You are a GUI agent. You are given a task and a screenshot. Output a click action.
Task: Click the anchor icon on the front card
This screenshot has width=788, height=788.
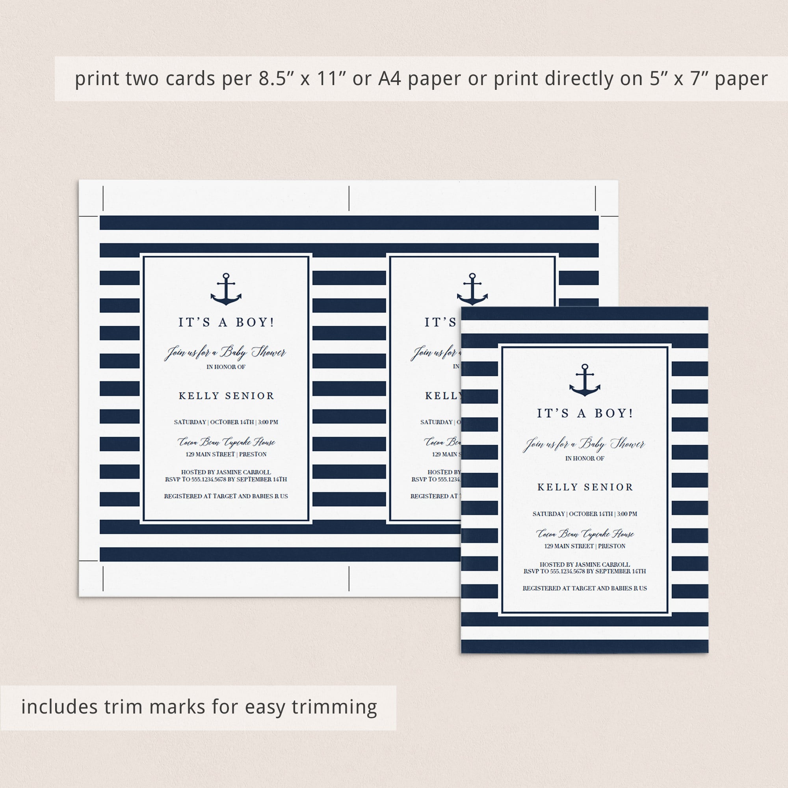pyautogui.click(x=584, y=380)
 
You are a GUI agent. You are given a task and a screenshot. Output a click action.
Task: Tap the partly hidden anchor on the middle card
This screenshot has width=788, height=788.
pyautogui.click(x=472, y=289)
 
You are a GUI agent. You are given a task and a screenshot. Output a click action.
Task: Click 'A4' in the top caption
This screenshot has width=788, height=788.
pyautogui.click(x=390, y=79)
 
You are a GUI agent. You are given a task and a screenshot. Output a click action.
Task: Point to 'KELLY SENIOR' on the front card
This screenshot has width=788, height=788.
pyautogui.click(x=585, y=487)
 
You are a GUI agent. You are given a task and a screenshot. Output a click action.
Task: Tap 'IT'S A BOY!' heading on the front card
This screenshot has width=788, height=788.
pyautogui.click(x=585, y=413)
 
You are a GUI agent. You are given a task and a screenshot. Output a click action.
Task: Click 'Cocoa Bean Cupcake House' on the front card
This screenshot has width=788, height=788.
pyautogui.click(x=585, y=533)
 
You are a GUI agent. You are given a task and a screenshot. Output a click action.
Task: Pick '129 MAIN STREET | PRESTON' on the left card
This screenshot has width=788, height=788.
pyautogui.click(x=226, y=454)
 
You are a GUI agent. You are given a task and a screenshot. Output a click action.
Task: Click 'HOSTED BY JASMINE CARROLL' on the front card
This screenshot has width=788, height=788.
pyautogui.click(x=585, y=565)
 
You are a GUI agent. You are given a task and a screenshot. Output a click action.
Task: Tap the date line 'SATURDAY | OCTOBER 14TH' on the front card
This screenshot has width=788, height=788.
pyautogui.click(x=585, y=514)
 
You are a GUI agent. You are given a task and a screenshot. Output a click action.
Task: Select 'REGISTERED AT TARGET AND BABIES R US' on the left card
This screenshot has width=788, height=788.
pyautogui.click(x=226, y=496)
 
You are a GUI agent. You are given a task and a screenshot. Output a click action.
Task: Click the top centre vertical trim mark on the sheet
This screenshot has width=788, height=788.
pyautogui.click(x=349, y=198)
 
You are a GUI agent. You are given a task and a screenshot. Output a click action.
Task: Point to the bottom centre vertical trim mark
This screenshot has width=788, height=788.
pyautogui.click(x=349, y=578)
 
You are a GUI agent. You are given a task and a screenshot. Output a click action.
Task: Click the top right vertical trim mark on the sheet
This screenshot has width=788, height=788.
pyautogui.click(x=595, y=198)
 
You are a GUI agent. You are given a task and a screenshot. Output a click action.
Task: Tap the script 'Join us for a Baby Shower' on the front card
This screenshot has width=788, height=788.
pyautogui.click(x=584, y=444)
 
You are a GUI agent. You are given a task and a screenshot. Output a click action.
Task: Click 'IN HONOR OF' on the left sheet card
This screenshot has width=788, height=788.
pyautogui.click(x=226, y=367)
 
